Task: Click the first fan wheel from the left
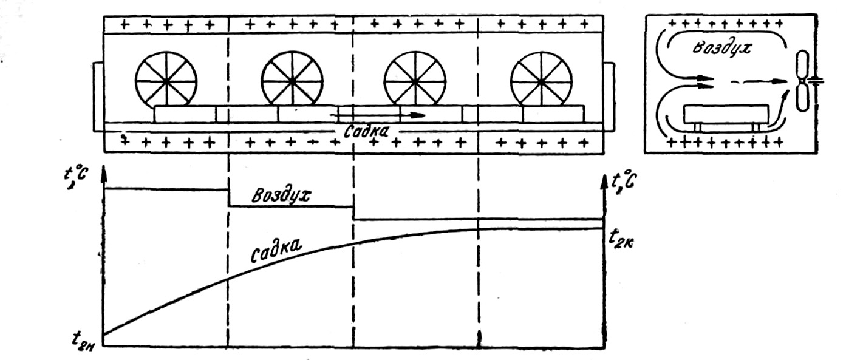pos(166,80)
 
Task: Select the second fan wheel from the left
pos(292,80)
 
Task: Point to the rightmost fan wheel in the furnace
pos(541,80)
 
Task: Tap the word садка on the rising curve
pos(277,250)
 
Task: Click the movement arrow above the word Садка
pos(380,114)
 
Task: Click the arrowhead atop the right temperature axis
pos(604,180)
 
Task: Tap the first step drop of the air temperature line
pos(228,198)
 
